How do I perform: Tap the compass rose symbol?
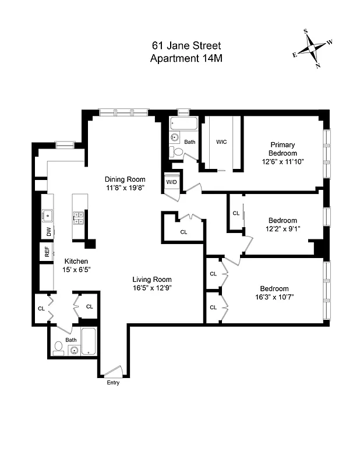click(313, 50)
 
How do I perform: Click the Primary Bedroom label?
click(283, 149)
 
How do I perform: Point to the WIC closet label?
click(221, 142)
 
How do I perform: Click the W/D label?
click(172, 182)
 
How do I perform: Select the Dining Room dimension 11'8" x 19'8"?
click(125, 188)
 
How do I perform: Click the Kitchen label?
click(76, 261)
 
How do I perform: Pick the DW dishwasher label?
click(48, 231)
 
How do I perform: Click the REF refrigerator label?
click(47, 252)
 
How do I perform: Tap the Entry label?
click(112, 383)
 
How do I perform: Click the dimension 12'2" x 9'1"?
click(283, 229)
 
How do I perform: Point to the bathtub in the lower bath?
click(89, 342)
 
